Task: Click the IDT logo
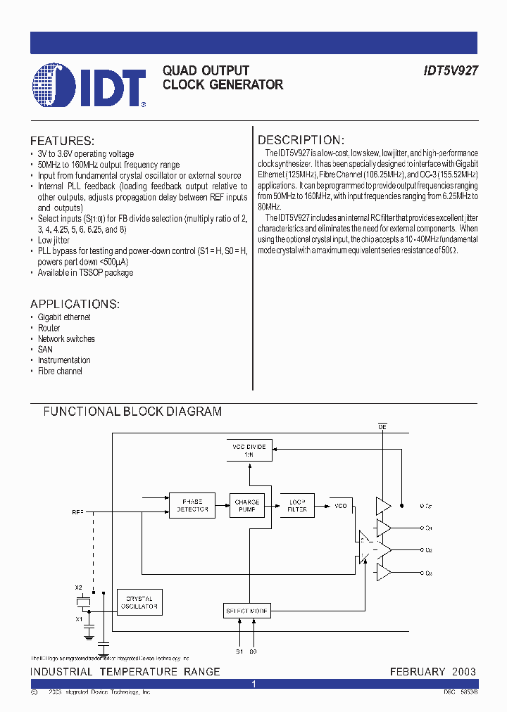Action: point(89,85)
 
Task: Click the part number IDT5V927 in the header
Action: point(451,71)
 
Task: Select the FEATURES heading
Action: point(62,141)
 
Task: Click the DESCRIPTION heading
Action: point(300,140)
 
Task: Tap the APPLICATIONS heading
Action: point(75,304)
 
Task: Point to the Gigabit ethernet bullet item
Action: point(64,317)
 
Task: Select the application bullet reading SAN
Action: point(45,350)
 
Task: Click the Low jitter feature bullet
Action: point(54,241)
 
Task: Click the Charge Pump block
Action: point(246,505)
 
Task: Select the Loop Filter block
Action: point(297,505)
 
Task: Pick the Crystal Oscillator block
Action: point(139,602)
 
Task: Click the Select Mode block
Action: point(246,611)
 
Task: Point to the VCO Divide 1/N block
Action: point(249,451)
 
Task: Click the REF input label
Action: point(77,512)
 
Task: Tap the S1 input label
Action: point(239,651)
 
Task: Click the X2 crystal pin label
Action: point(79,587)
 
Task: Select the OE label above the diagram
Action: point(383,427)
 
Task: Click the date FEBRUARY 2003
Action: point(433,672)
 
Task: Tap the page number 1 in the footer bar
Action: point(254,684)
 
